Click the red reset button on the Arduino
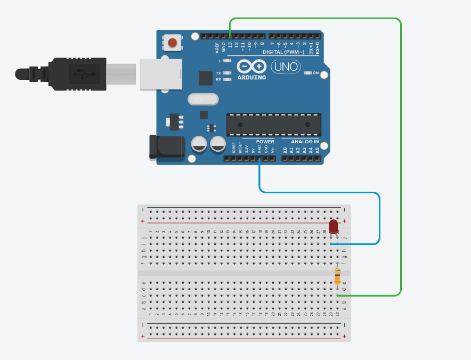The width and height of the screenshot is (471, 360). point(172,43)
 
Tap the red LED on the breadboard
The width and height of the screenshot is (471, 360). point(334,226)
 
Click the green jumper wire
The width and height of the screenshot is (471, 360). point(400,160)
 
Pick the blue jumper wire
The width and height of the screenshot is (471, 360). point(320,192)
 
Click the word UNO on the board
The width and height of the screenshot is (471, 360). point(286,67)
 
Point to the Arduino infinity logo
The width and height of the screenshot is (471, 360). point(251,67)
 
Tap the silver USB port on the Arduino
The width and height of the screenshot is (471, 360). point(160,74)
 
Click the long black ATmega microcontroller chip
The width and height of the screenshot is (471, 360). point(273,124)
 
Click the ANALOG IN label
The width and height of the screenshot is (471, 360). point(305,142)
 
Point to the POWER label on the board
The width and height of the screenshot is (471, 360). point(265,142)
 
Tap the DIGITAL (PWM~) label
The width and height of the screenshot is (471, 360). point(283,52)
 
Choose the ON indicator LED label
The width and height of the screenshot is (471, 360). point(315,72)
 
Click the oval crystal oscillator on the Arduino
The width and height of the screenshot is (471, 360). point(203,99)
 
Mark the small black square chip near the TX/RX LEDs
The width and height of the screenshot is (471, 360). point(206,78)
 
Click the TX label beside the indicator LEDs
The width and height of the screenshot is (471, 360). point(218,72)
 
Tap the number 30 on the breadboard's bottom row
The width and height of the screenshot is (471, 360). point(337,314)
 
